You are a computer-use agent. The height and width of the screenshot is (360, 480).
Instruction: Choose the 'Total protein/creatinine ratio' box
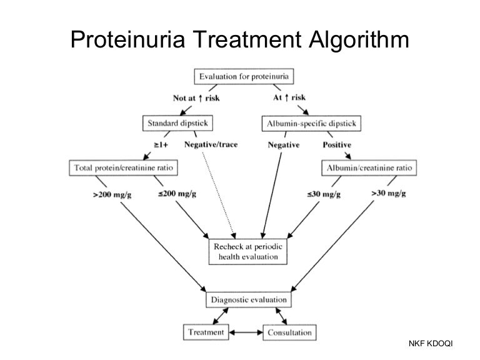coord(122,167)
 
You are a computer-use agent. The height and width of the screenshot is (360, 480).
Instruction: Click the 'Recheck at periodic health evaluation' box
coord(247,251)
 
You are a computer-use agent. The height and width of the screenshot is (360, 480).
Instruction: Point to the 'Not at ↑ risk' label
coord(196,97)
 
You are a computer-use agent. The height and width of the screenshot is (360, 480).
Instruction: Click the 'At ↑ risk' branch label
coord(289,97)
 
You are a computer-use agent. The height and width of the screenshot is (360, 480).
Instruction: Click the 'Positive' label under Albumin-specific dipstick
coord(336,144)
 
